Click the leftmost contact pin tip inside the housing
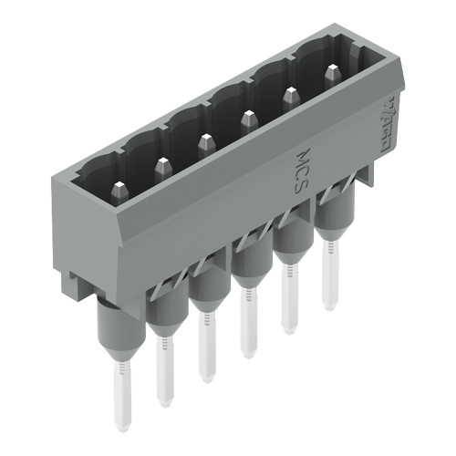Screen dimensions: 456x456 [119, 191]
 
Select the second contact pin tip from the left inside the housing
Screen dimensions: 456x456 [162, 167]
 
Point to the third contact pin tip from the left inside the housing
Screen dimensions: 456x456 [205, 142]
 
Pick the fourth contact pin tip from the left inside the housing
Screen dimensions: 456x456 [248, 119]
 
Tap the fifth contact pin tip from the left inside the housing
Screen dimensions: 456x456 [291, 94]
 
